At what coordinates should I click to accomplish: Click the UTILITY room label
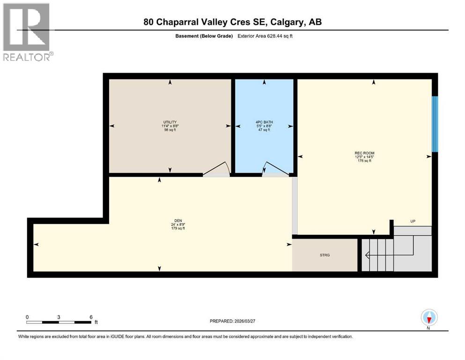(x=170, y=121)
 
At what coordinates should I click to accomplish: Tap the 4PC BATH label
(x=265, y=121)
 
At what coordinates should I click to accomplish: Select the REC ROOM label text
(x=364, y=153)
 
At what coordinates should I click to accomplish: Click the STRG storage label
(x=325, y=255)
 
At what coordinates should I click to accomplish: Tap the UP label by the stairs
(x=413, y=221)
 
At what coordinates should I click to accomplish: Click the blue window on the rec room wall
(x=435, y=124)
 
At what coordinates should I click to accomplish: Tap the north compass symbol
(x=428, y=318)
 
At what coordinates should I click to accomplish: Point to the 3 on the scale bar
(x=59, y=317)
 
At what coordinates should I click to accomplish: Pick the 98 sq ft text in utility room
(x=170, y=130)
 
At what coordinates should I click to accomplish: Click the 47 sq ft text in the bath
(x=265, y=130)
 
